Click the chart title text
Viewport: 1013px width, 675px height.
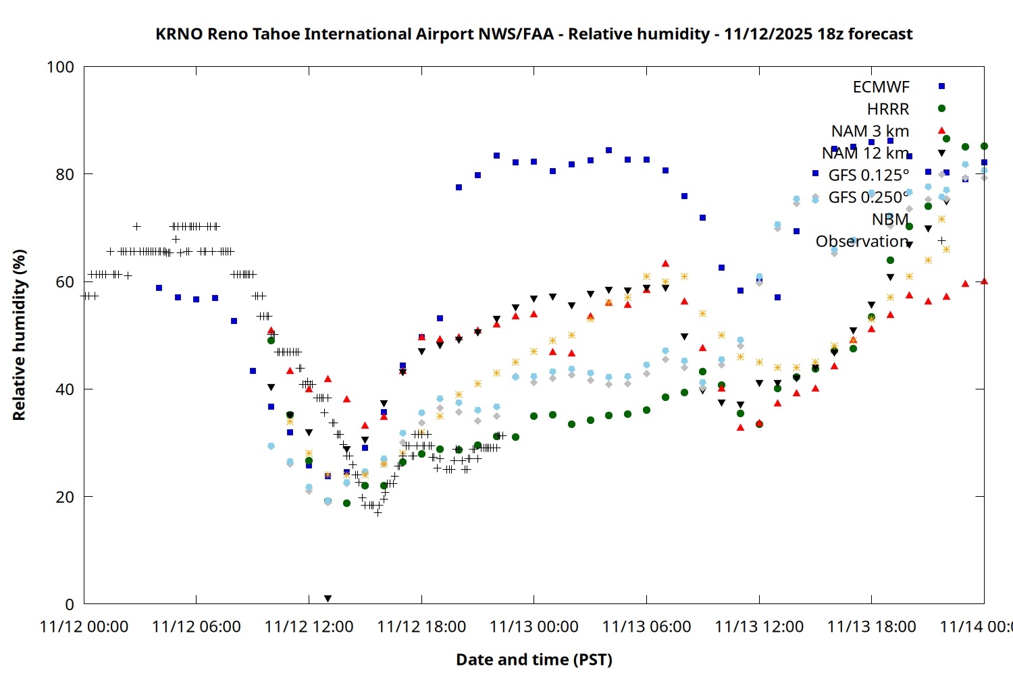click(x=534, y=34)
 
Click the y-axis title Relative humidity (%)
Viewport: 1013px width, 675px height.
click(x=19, y=335)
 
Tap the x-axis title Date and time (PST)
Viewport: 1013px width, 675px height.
click(x=534, y=659)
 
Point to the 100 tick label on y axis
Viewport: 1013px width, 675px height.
click(x=60, y=67)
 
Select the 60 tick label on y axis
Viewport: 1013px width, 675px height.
click(x=65, y=282)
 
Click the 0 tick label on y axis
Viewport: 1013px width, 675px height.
click(x=70, y=604)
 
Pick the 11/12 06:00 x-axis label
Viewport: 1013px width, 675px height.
click(x=196, y=626)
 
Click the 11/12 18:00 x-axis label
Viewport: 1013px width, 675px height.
click(x=421, y=626)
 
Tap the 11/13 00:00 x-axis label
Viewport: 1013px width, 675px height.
click(x=534, y=626)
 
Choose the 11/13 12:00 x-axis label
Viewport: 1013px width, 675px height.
click(x=759, y=626)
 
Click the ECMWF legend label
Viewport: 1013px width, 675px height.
click(x=881, y=87)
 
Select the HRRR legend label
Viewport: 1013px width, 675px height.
click(x=888, y=109)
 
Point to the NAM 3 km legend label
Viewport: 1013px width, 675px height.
click(x=870, y=131)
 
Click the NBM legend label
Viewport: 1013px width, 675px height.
click(x=890, y=219)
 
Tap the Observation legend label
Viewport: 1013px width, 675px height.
click(x=862, y=241)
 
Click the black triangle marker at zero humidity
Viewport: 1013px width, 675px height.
click(x=328, y=599)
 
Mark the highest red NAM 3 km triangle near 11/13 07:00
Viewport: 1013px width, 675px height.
click(x=665, y=263)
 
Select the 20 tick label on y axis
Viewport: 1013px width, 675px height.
click(x=65, y=497)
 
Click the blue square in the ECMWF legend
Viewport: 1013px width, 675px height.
click(x=941, y=86)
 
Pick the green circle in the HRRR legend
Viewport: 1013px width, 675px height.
click(x=941, y=109)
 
